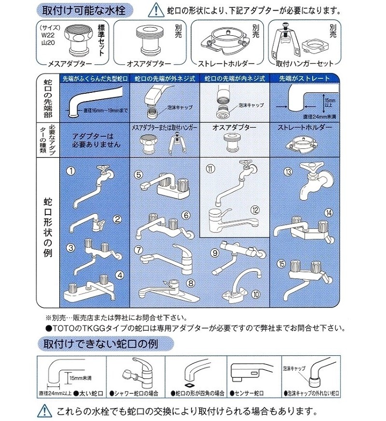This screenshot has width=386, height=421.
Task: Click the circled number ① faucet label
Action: click(x=70, y=171)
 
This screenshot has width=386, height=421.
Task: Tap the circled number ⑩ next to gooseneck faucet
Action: click(x=255, y=293)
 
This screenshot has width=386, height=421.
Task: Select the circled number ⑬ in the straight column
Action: click(x=288, y=171)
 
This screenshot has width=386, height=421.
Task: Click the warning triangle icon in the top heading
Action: click(x=153, y=8)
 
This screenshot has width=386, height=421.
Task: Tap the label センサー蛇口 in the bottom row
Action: click(x=251, y=393)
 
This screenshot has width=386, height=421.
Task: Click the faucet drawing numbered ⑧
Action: click(x=166, y=290)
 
